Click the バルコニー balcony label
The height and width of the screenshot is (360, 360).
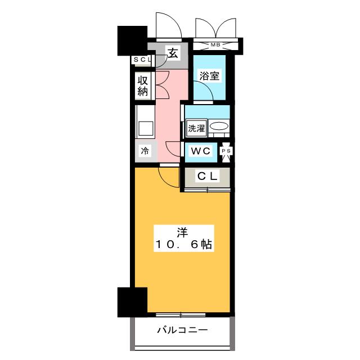(182, 330)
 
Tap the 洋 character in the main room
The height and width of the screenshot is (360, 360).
(182, 231)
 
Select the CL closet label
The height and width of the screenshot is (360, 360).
(207, 177)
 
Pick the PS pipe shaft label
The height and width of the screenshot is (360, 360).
(227, 151)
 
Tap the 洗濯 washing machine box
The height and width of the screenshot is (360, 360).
(196, 127)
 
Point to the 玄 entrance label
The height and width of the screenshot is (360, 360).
(173, 55)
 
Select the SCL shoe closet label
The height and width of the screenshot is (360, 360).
(141, 60)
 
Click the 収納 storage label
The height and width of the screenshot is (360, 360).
(143, 86)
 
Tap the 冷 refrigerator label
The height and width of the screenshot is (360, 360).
(145, 151)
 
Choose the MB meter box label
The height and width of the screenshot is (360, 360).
(215, 44)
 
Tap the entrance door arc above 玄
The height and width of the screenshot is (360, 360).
(167, 25)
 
